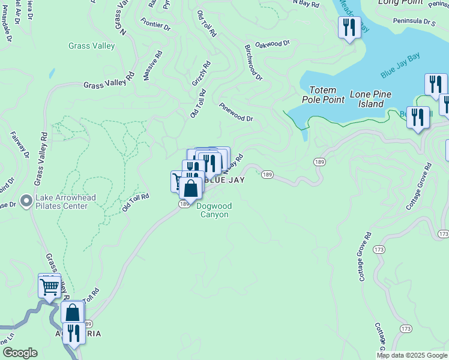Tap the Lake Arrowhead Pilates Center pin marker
pyautogui.click(x=26, y=200)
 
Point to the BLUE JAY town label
pyautogui.click(x=224, y=179)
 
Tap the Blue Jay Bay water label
pyautogui.click(x=400, y=67)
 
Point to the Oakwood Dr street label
pyautogui.click(x=273, y=44)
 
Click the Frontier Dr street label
pyautogui.click(x=156, y=24)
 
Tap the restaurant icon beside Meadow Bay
pyautogui.click(x=348, y=27)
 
